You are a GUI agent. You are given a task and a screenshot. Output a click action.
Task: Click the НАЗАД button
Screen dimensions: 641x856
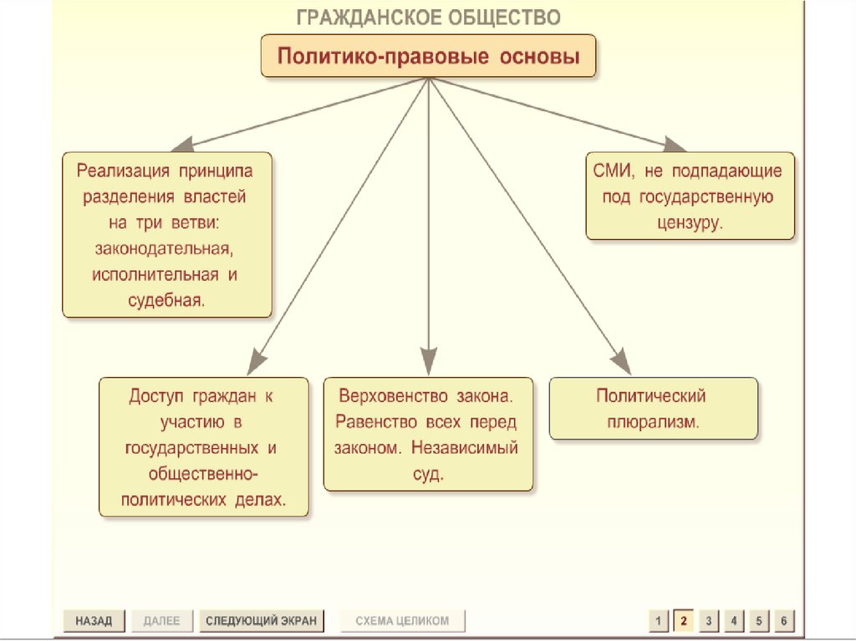(93, 621)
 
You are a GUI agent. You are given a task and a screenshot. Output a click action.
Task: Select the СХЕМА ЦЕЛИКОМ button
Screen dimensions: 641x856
(402, 621)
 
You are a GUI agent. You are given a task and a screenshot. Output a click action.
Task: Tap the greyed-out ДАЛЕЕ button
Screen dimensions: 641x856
(161, 621)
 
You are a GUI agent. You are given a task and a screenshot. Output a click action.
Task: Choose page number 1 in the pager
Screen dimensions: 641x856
(659, 621)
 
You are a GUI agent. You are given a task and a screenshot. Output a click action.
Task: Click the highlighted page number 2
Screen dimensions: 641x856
(683, 621)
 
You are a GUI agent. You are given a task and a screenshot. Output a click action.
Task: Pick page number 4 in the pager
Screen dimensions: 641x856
(733, 621)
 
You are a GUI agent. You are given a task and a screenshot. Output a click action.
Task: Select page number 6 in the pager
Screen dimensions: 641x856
(783, 621)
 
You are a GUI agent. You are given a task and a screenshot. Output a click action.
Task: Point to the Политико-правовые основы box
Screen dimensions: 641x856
(428, 56)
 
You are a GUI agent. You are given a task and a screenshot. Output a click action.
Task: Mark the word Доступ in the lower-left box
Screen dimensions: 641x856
(155, 394)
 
